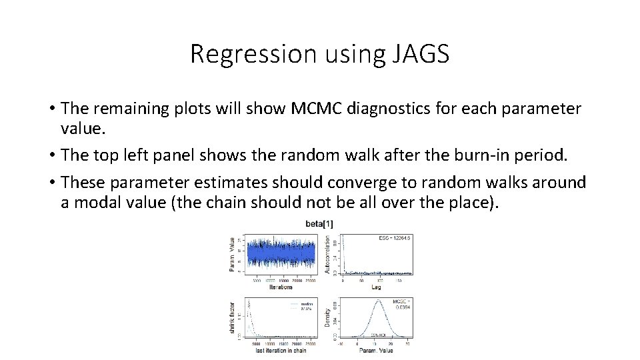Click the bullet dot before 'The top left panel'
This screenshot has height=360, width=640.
coord(51,156)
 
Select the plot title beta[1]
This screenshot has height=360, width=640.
coord(319,224)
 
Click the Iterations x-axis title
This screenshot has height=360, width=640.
coord(281,287)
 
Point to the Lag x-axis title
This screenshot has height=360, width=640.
coord(377,287)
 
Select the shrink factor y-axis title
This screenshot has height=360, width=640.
coord(233,317)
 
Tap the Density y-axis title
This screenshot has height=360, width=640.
coord(327,317)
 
